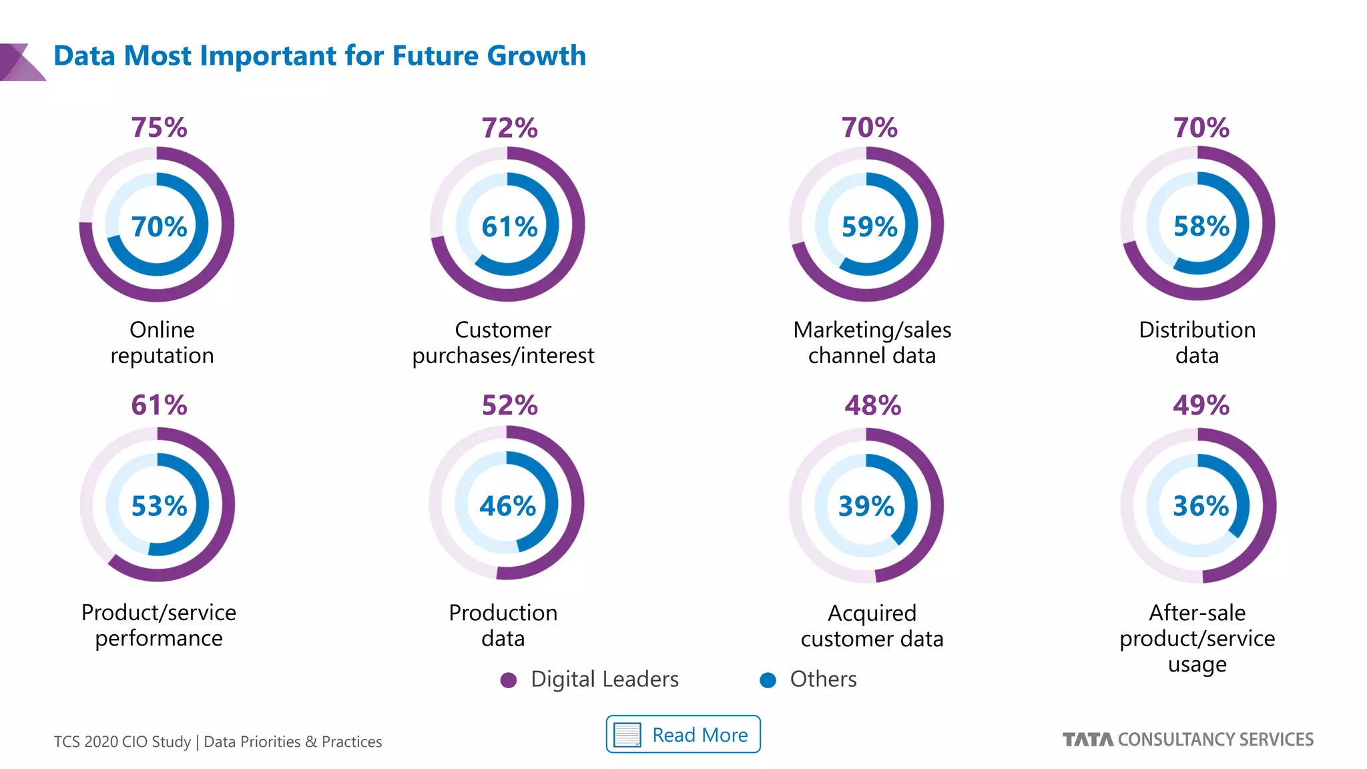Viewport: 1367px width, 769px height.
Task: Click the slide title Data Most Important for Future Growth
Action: pos(319,56)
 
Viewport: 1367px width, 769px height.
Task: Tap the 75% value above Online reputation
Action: pos(159,127)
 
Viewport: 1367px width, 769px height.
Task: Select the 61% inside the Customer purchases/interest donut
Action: pos(509,227)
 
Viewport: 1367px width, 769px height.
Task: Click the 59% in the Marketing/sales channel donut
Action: pos(869,227)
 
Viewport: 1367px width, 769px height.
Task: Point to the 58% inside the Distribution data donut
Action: pos(1201,226)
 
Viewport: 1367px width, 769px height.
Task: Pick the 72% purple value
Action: pos(509,127)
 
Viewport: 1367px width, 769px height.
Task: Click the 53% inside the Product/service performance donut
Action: pos(159,506)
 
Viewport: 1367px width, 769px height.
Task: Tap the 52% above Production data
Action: pos(509,405)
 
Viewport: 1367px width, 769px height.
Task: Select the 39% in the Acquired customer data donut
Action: pos(866,506)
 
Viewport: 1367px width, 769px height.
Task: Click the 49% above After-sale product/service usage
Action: pos(1201,405)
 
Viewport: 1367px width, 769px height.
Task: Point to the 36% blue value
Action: pos(1201,506)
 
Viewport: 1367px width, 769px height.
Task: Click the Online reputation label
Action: pos(162,342)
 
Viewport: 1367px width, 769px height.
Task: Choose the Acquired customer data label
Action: pos(872,625)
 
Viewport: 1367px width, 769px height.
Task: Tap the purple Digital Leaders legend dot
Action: pos(509,680)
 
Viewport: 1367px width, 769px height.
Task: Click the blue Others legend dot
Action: pos(768,680)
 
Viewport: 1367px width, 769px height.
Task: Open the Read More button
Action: pos(683,734)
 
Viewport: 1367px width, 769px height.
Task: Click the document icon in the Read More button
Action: pos(627,735)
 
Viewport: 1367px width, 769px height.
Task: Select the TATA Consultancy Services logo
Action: pos(1187,740)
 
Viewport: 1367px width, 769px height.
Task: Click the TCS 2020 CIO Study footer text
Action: pos(218,742)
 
